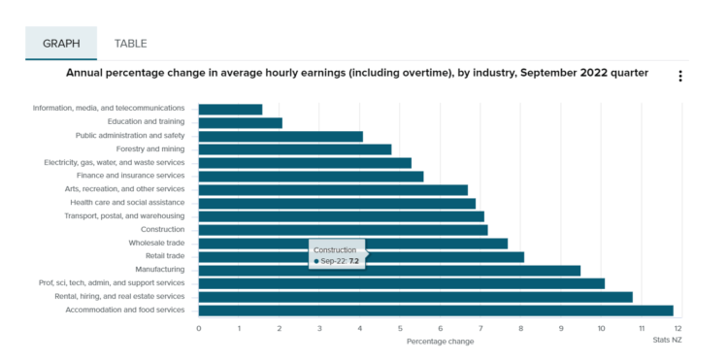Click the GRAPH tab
point(61,43)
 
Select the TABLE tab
point(130,44)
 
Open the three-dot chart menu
point(680,76)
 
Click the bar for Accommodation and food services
point(436,311)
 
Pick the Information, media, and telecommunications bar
point(230,109)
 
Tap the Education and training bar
point(241,122)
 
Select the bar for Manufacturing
point(389,270)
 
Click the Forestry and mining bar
point(295,149)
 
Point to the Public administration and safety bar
point(281,136)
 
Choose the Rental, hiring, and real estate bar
point(415,297)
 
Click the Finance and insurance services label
point(130,176)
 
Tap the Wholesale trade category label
point(156,243)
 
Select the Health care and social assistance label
point(127,203)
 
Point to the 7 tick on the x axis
point(480,329)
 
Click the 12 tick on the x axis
point(678,329)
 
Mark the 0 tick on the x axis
point(199,329)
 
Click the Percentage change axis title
point(440,342)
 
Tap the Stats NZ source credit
point(667,340)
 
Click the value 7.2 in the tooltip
point(353,261)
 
